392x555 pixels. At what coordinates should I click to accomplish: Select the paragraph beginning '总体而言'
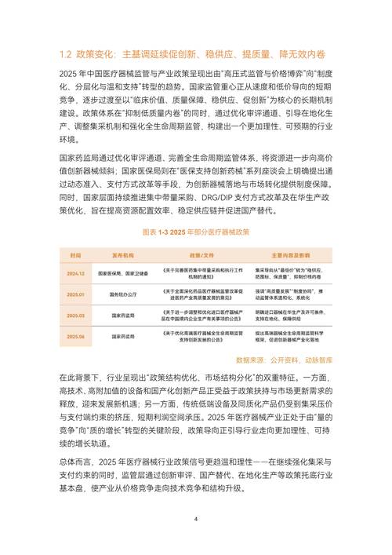[x=195, y=476]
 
